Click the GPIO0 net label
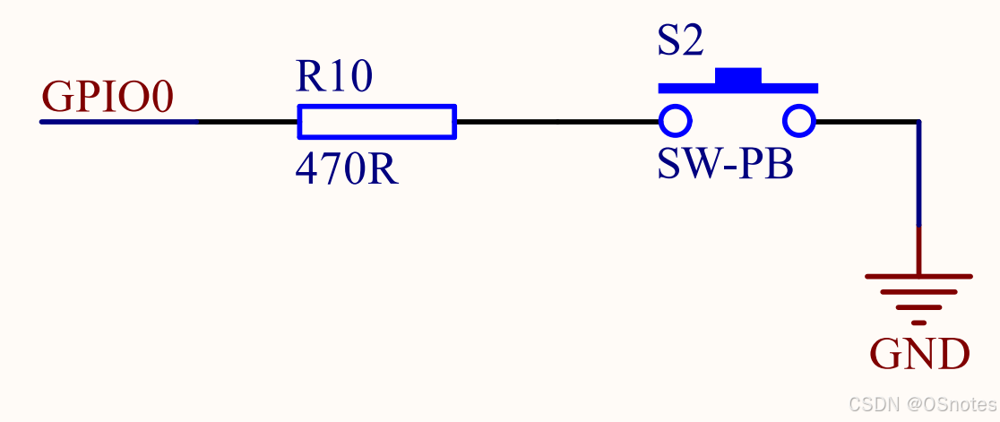pos(108,98)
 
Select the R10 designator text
pos(333,78)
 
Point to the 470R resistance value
pos(347,168)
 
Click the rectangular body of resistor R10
pos(376,122)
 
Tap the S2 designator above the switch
pos(681,42)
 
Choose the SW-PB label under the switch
pos(726,164)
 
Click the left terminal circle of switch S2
pos(675,120)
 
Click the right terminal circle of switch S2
pos(799,120)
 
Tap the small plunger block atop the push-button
pos(737,76)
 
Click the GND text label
pos(919,355)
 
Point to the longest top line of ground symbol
pos(918,277)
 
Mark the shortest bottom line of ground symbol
pos(918,322)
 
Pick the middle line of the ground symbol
pos(918,292)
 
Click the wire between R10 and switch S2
pos(556,121)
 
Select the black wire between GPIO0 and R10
pos(246,121)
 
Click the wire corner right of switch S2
pos(918,122)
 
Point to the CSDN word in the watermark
pos(869,403)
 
